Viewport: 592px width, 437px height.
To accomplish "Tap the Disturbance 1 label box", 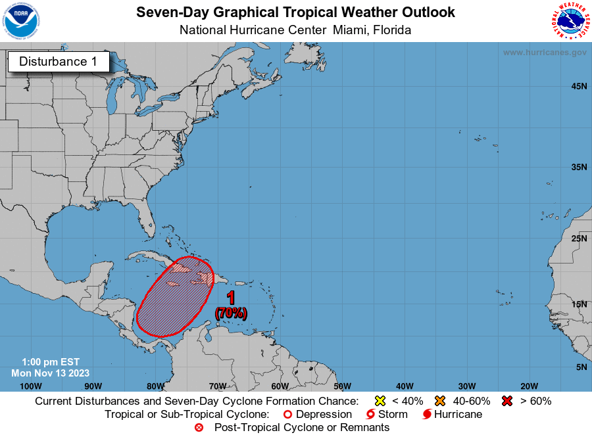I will [59, 62].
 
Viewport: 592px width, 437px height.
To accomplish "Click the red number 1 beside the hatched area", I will [231, 298].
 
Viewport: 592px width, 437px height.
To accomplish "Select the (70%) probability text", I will [231, 313].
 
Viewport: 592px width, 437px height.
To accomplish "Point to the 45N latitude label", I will [579, 86].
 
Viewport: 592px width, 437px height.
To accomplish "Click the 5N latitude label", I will [581, 367].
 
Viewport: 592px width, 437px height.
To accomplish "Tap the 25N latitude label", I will [579, 238].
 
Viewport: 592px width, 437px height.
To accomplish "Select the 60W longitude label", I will [280, 386].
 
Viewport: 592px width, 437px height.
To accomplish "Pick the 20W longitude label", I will [529, 386].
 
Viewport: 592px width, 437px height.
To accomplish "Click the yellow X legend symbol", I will [379, 401].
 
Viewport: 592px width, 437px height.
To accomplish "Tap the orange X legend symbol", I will [440, 401].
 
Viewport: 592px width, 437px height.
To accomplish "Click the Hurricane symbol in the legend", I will [427, 415].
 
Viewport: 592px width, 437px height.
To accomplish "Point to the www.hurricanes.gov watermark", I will [544, 53].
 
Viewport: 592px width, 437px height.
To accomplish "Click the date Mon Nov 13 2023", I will [50, 373].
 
